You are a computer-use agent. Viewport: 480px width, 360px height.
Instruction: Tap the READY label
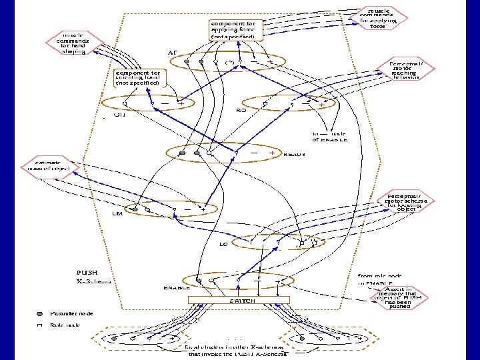294,155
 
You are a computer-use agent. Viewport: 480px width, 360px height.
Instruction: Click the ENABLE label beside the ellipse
177,288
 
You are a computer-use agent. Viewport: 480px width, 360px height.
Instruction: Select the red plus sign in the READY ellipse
271,153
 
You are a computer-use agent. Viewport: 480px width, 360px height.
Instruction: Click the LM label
116,215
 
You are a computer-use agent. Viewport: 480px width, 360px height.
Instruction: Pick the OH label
119,114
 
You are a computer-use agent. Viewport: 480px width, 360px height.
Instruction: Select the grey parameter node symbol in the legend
39,313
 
